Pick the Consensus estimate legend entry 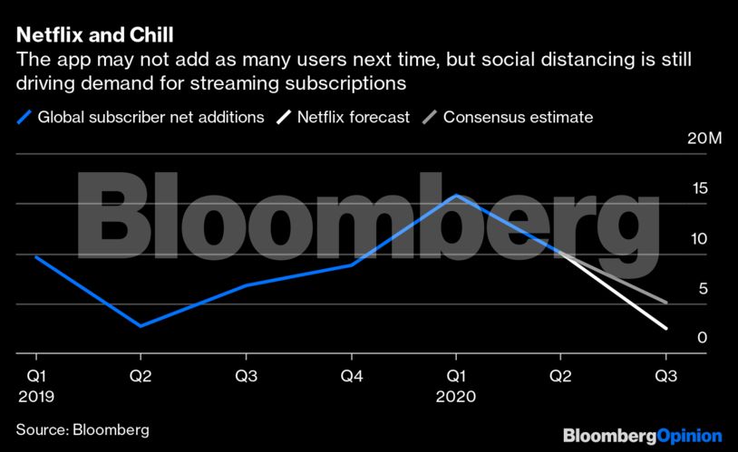tap(517, 117)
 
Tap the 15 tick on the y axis tap(700, 189)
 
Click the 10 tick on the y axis tap(700, 239)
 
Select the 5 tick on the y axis tap(703, 289)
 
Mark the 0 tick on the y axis tap(703, 338)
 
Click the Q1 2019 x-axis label tap(35, 385)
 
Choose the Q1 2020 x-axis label tap(455, 385)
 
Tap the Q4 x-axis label tap(350, 375)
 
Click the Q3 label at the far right tap(666, 375)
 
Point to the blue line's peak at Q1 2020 tap(456, 196)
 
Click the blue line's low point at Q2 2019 tap(140, 326)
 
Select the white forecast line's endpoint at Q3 tap(667, 328)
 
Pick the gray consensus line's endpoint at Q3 tap(667, 302)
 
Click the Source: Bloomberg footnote tap(82, 428)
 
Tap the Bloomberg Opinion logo tap(642, 436)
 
